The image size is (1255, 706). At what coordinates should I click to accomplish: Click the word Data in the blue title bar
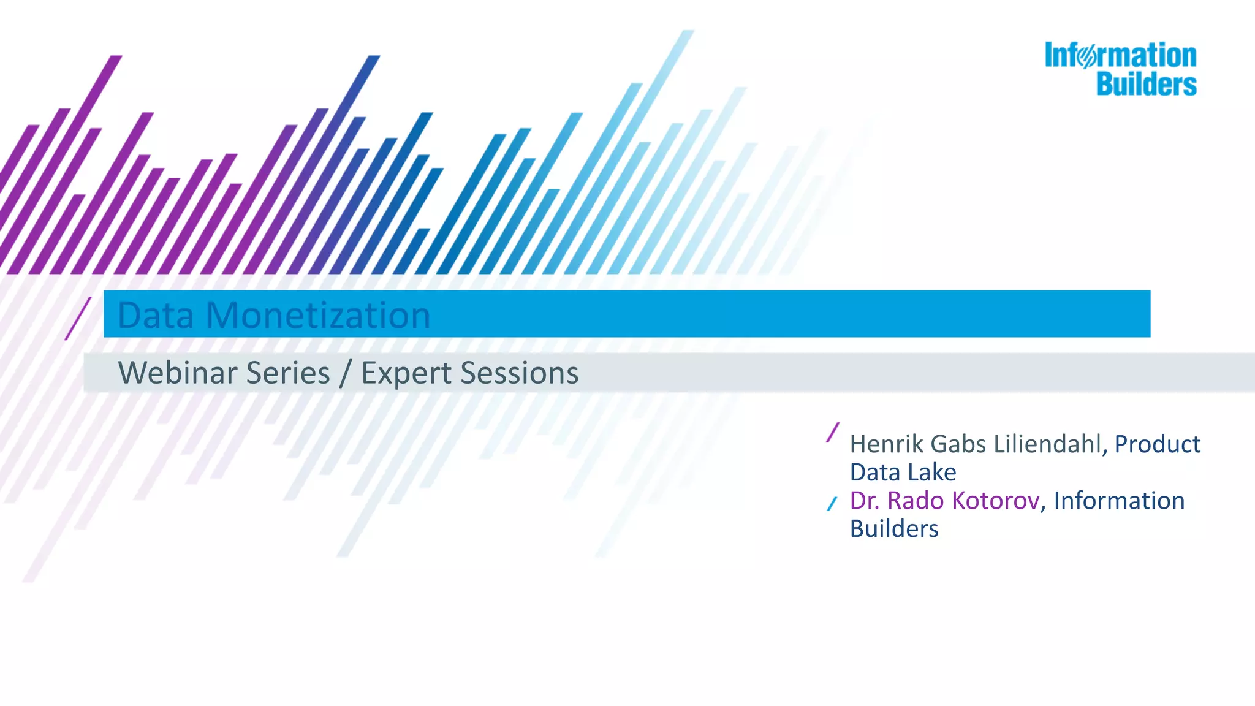(155, 315)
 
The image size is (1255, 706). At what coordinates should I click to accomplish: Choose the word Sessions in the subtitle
(520, 373)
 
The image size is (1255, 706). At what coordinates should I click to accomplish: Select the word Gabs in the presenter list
(958, 444)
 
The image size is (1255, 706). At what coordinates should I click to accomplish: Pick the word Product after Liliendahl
(1157, 444)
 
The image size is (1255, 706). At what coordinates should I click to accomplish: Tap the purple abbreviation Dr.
(865, 501)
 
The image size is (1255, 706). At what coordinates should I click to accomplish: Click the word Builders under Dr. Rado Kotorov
(893, 529)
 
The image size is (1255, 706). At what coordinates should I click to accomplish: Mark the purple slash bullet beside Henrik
(833, 433)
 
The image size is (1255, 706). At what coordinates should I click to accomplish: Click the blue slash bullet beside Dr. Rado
(832, 504)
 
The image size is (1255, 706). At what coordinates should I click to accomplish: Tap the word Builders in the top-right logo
(1146, 84)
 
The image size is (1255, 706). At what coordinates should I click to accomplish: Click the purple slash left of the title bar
(78, 318)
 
